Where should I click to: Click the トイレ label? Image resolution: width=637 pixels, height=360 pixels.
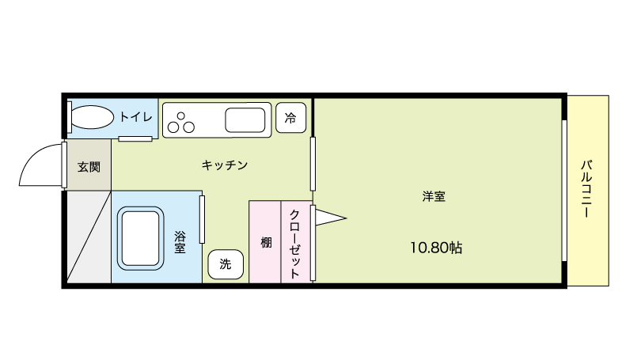tap(135, 117)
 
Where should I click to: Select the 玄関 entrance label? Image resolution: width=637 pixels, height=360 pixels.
tap(89, 167)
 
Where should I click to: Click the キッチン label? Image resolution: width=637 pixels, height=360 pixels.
tap(225, 165)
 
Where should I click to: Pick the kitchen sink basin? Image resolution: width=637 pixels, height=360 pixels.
tap(245, 120)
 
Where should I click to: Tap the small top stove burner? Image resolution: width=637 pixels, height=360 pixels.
tap(181, 116)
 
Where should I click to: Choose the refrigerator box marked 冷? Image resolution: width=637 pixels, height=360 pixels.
tap(291, 118)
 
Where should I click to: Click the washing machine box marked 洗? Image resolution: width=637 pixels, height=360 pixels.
tap(226, 264)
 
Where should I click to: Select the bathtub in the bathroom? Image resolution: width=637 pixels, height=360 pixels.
tap(141, 238)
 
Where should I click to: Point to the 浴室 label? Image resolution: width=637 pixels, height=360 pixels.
tap(180, 242)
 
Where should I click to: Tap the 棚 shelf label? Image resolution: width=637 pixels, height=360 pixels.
tap(266, 243)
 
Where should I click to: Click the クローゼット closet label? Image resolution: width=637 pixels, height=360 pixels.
tap(294, 244)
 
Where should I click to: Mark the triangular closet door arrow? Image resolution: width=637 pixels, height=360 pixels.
tap(330, 218)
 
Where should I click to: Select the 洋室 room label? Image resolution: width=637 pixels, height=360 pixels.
tap(434, 197)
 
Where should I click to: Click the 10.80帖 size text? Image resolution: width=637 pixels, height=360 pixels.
tap(436, 248)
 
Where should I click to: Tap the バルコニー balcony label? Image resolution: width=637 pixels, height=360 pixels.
tap(586, 189)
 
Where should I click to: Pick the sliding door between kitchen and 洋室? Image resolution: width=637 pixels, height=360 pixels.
tap(313, 164)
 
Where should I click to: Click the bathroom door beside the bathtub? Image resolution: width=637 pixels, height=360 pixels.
tap(202, 219)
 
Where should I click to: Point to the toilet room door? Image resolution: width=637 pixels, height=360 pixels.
tap(135, 139)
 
